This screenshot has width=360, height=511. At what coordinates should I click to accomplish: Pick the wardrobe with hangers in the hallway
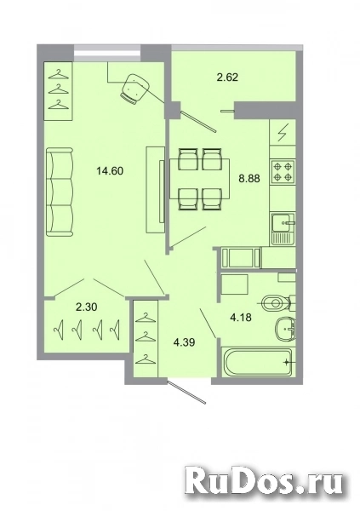[147, 337]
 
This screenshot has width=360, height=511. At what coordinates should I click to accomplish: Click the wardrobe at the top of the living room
[58, 89]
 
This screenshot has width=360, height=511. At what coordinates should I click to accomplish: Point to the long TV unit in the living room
[154, 187]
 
